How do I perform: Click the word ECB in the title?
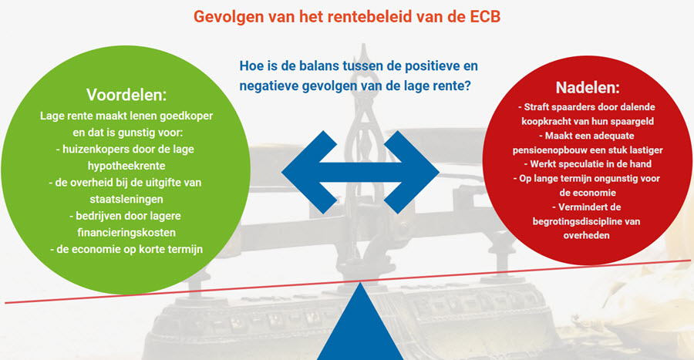(x=483, y=17)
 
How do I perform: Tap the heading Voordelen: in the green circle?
(x=126, y=95)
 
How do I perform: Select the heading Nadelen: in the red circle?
(x=588, y=88)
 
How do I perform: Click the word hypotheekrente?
(x=126, y=166)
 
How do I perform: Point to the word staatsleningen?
(x=126, y=200)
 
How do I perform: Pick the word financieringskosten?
(x=126, y=233)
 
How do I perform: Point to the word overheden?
(x=587, y=236)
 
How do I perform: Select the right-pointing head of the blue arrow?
(x=412, y=172)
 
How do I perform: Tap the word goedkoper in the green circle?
(x=187, y=116)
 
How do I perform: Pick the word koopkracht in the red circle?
(x=544, y=122)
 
